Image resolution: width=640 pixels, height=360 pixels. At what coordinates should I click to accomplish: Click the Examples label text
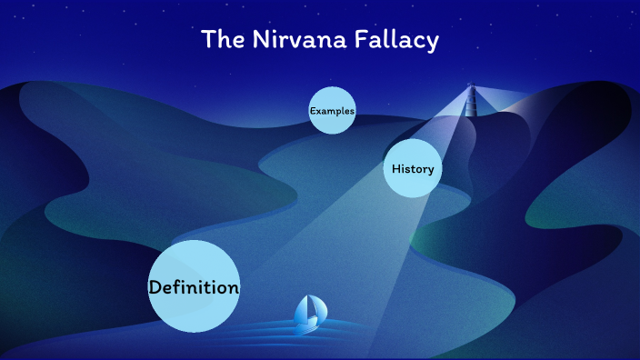click(x=332, y=111)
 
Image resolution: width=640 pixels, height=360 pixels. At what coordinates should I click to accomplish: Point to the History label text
click(x=413, y=169)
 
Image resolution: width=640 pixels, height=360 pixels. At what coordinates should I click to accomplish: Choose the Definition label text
click(x=194, y=288)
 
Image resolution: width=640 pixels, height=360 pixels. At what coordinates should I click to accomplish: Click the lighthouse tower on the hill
click(x=471, y=104)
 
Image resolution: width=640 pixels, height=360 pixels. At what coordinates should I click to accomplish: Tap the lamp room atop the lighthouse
click(x=471, y=89)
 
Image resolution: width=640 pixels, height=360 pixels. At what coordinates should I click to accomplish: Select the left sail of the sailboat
click(x=303, y=310)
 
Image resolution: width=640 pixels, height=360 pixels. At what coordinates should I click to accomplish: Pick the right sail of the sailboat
click(x=315, y=306)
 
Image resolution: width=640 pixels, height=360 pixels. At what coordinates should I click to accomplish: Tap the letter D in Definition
click(x=155, y=288)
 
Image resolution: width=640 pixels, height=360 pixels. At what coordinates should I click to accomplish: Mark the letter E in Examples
click(x=313, y=111)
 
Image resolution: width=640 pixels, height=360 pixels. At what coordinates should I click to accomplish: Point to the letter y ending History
click(x=430, y=171)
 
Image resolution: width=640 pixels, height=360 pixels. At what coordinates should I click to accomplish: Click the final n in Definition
click(x=234, y=289)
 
